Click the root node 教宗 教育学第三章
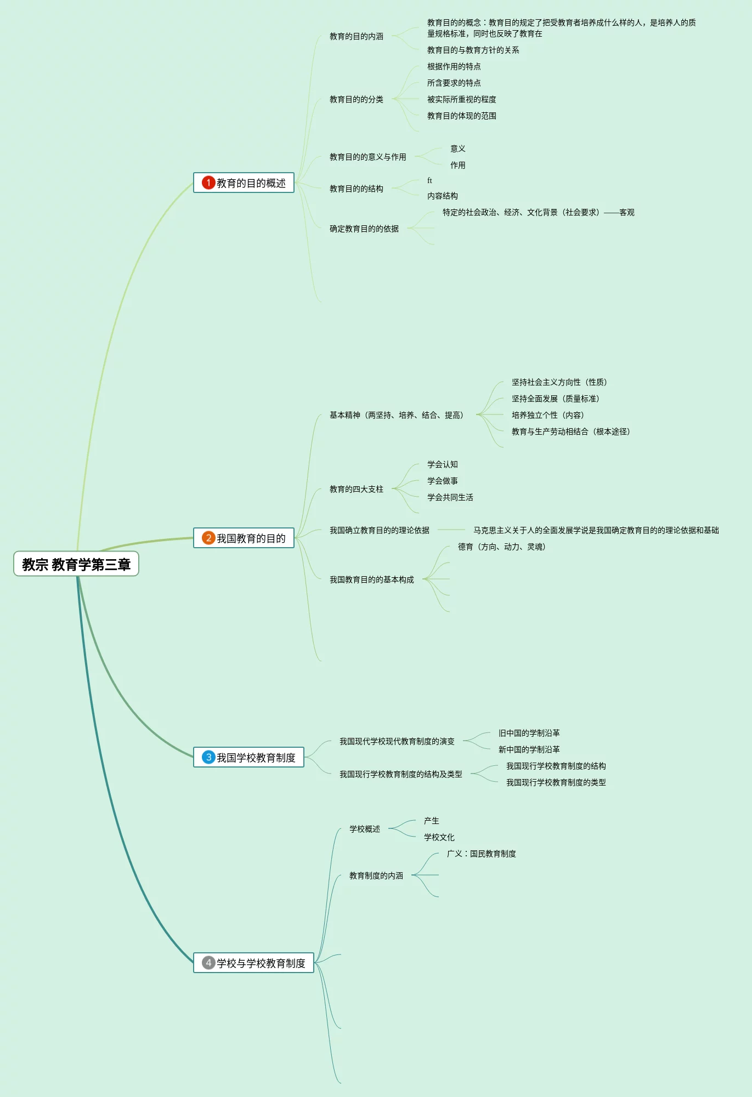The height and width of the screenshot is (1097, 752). click(76, 564)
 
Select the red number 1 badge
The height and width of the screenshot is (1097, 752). click(208, 183)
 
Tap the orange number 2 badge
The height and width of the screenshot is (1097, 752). click(208, 538)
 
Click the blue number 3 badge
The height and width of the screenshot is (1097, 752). click(208, 757)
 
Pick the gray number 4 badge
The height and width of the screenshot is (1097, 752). click(208, 963)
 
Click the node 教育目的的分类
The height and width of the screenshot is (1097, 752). click(356, 99)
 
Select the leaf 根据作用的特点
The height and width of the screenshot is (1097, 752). click(454, 66)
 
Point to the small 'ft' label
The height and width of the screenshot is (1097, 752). click(429, 180)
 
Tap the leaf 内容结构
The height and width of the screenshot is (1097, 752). click(442, 196)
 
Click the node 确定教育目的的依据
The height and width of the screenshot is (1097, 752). click(364, 229)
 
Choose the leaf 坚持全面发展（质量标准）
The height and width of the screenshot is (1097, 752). click(555, 399)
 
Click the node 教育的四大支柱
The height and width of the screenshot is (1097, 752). click(356, 489)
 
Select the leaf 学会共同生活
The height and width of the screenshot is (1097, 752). click(450, 497)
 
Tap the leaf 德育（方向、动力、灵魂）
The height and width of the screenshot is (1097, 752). click(501, 547)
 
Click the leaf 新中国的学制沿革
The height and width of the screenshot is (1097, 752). click(529, 749)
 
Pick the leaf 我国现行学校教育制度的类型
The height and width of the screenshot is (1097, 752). click(556, 782)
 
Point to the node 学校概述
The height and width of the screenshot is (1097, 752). click(364, 829)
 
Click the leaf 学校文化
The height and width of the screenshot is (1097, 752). click(439, 837)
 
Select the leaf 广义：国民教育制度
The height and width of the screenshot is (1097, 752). click(481, 854)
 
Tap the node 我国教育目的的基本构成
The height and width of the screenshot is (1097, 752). click(371, 579)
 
